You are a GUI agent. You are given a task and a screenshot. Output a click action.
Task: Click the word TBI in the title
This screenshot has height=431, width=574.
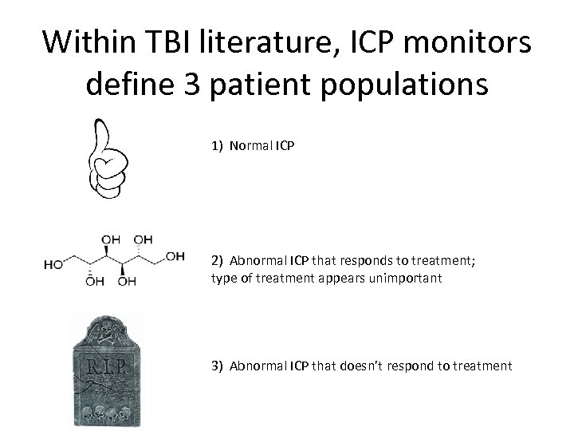(180, 43)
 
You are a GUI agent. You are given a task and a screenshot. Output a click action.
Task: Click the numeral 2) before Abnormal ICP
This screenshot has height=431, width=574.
(218, 259)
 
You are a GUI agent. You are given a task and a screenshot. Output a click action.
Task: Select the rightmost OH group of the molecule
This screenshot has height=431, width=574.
(175, 256)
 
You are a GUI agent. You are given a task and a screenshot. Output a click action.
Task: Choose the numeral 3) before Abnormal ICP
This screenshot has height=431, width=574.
(218, 366)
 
